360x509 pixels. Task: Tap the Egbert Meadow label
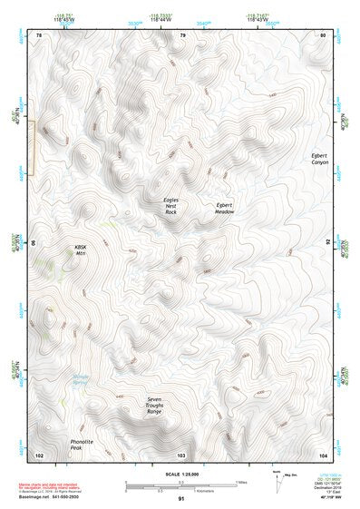225,208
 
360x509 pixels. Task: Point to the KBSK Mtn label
86,250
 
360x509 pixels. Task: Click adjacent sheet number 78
39,35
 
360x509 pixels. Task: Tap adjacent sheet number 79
182,35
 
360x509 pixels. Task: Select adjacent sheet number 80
322,35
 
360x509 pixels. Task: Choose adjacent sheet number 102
39,453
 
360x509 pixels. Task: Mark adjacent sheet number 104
322,453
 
